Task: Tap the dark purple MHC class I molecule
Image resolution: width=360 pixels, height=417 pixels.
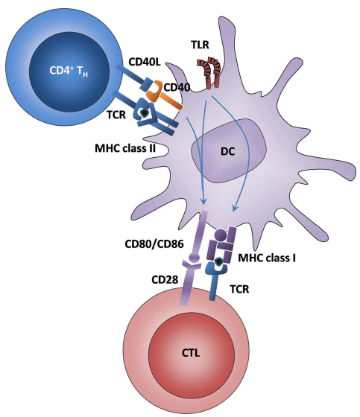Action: point(224,242)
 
